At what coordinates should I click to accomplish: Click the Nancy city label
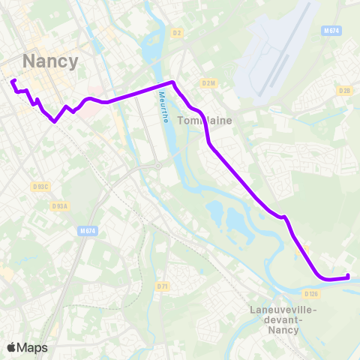(x=51, y=61)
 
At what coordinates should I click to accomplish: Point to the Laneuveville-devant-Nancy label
(x=282, y=319)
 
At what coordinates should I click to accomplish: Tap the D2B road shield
(x=344, y=91)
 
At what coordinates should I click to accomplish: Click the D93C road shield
(x=41, y=186)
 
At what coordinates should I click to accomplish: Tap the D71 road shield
(x=162, y=286)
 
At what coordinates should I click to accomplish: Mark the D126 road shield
(x=312, y=293)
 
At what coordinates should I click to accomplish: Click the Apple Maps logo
(x=27, y=347)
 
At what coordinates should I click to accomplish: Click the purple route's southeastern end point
(x=348, y=277)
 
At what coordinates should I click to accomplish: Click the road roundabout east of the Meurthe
(x=159, y=166)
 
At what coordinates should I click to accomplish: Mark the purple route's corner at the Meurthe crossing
(x=173, y=82)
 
